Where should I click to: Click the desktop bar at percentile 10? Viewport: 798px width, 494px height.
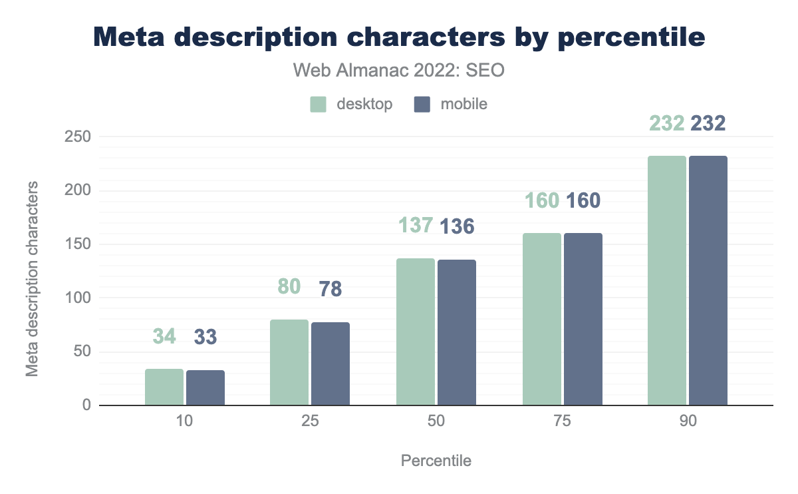coord(164,387)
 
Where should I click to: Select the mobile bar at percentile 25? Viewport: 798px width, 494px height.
coord(331,364)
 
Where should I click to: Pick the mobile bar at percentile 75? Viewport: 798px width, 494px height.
coord(583,319)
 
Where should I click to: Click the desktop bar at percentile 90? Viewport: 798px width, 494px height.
coord(667,280)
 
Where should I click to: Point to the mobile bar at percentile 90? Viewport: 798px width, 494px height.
coord(708,280)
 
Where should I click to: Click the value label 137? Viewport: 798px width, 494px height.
coord(416,226)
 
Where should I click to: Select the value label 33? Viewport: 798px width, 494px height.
coord(205,337)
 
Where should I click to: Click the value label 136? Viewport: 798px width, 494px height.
coord(457,226)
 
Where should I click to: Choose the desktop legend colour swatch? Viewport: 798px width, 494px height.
coord(319,105)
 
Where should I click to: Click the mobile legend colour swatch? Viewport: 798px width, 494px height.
coord(422,105)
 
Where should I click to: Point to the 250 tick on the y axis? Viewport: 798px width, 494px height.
coord(77,137)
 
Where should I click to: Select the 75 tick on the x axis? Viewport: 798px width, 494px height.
coord(563,423)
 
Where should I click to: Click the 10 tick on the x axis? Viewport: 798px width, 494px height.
coord(185,423)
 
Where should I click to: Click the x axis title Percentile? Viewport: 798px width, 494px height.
coord(436,461)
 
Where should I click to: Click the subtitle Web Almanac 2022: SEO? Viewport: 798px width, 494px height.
coord(399,70)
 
